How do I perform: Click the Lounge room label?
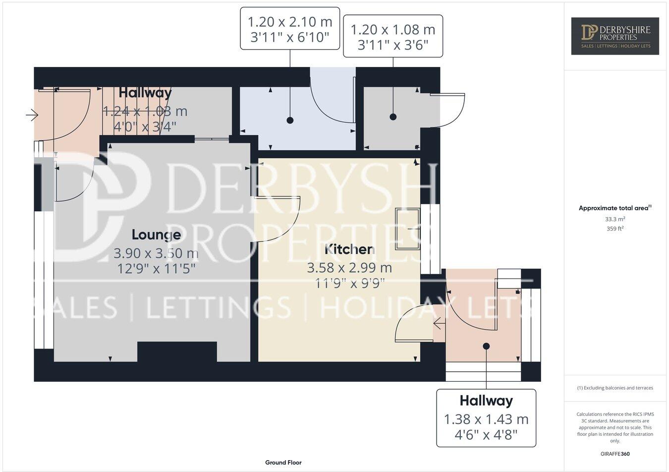(156, 234)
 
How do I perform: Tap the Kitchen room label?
(349, 249)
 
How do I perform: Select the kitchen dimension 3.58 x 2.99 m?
(349, 268)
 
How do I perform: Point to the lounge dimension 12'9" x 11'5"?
(156, 269)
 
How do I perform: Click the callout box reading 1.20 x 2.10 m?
(290, 29)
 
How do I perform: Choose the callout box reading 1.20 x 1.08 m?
(393, 36)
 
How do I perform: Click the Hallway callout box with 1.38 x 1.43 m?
(486, 418)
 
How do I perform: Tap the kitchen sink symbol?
(407, 229)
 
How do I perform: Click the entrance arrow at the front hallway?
(32, 116)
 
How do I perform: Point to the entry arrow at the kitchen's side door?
(439, 324)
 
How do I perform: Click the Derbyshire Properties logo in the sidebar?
(615, 36)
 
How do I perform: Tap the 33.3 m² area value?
(615, 219)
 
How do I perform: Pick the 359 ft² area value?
(615, 229)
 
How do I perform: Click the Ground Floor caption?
(283, 463)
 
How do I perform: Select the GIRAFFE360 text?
(615, 453)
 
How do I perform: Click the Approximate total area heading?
(614, 208)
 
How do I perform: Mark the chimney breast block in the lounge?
(177, 352)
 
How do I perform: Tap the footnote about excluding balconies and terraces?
(615, 388)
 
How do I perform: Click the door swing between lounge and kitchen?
(278, 218)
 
